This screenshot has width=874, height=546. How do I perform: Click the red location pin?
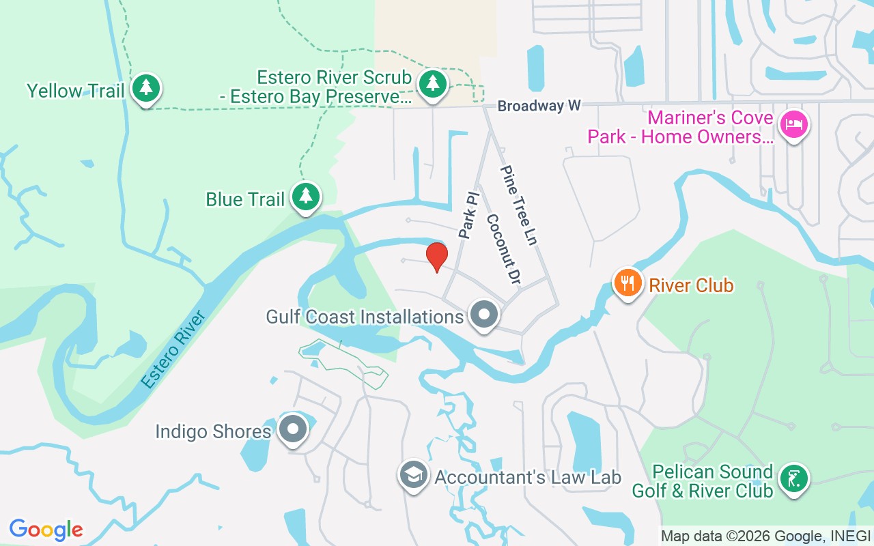point(437,256)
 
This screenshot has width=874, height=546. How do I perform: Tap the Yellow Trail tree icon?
point(145,88)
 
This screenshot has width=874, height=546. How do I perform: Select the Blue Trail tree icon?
point(306,197)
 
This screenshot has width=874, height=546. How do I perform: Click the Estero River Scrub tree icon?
point(432,84)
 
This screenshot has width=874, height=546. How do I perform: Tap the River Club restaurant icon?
point(628,282)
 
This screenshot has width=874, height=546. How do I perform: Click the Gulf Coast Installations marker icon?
point(485,315)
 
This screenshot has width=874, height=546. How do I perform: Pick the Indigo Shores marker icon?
point(294,430)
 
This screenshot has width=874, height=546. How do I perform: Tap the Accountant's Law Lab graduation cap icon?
point(414,474)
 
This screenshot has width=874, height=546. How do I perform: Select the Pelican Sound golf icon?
point(794,478)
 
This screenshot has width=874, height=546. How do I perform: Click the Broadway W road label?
point(539,106)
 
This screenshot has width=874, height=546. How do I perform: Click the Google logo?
point(46,530)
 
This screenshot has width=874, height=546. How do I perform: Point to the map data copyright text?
point(765,536)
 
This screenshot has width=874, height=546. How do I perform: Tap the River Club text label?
point(691,285)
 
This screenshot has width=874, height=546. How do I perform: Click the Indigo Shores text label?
point(213,432)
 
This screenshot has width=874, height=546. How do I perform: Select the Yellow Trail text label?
point(75,91)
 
